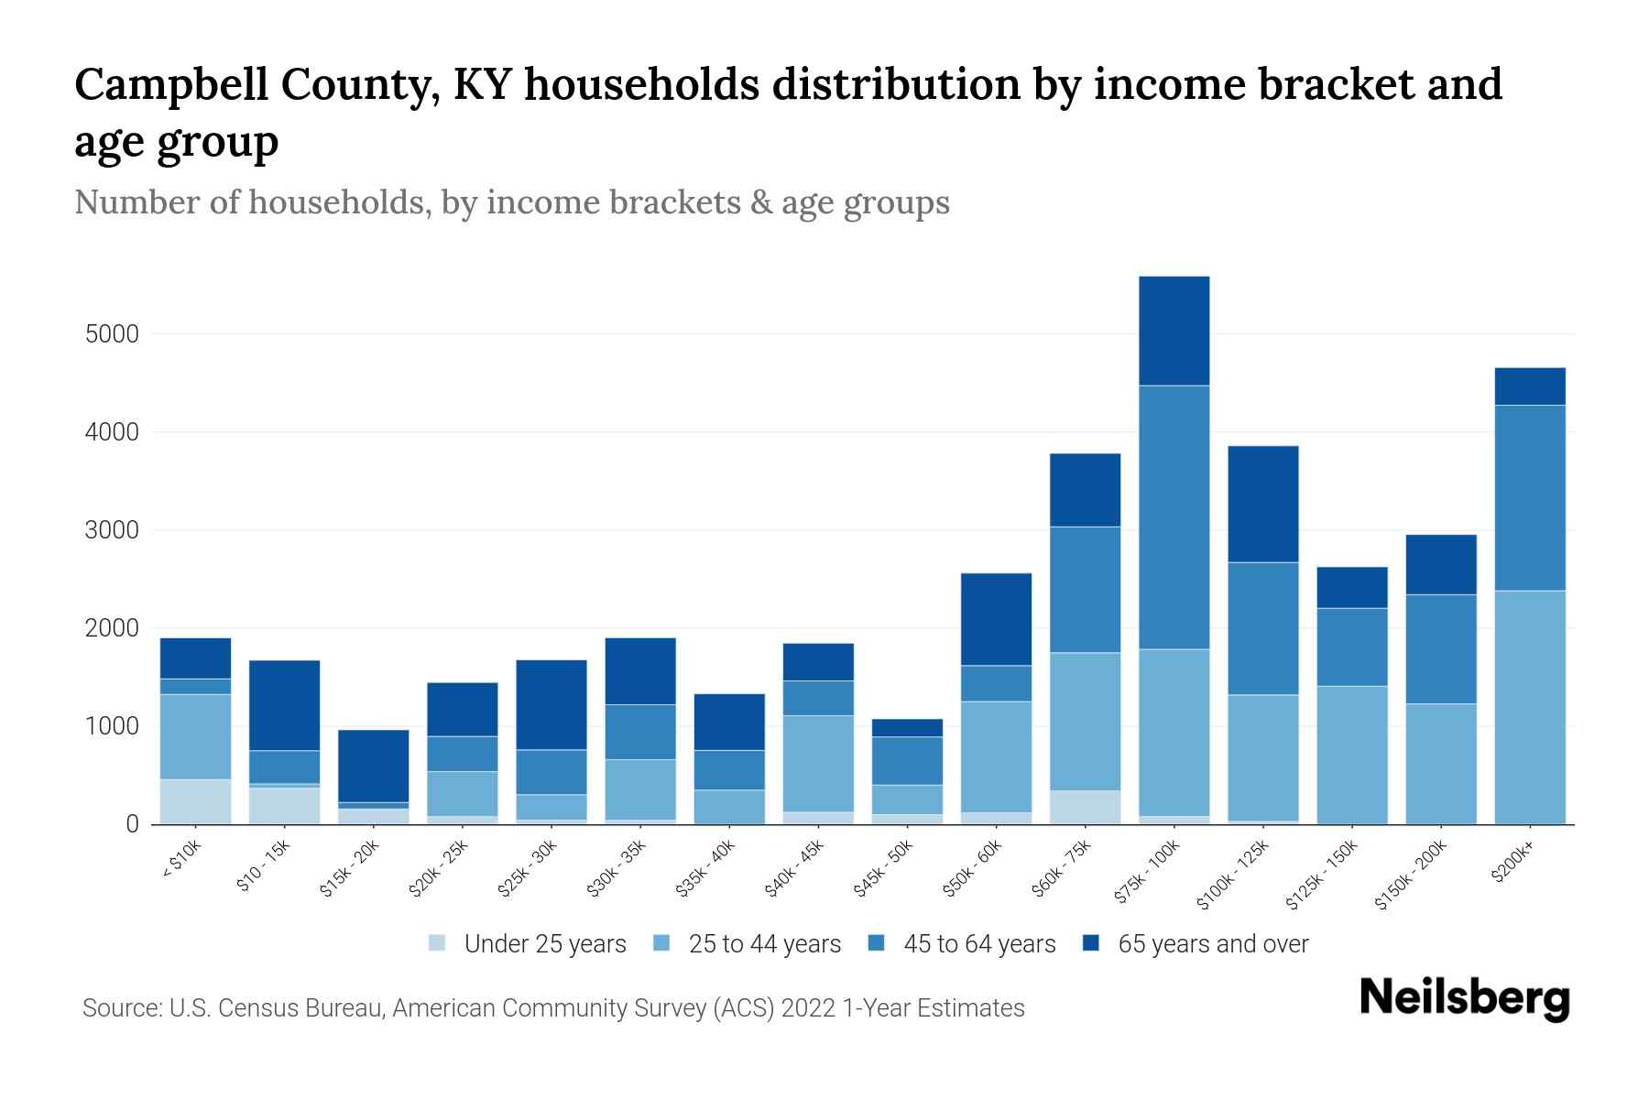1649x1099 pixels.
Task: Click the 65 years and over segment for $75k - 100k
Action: pyautogui.click(x=1174, y=331)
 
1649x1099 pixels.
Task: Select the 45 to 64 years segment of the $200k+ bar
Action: pyautogui.click(x=1529, y=497)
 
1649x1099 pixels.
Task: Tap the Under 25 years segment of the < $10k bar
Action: pyautogui.click(x=195, y=801)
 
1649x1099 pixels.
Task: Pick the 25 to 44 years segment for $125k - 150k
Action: pyautogui.click(x=1351, y=755)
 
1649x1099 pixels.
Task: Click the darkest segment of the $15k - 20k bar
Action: pyautogui.click(x=373, y=766)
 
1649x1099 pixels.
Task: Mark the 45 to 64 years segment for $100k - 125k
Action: pyautogui.click(x=1262, y=628)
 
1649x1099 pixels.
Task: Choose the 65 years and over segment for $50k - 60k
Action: pyautogui.click(x=996, y=619)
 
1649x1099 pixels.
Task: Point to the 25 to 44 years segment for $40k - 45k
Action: pyautogui.click(x=818, y=763)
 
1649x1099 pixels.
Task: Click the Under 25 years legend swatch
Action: pyautogui.click(x=438, y=943)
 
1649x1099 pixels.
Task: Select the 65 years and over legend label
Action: pyautogui.click(x=1213, y=944)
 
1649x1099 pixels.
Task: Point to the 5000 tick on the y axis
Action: pyautogui.click(x=112, y=334)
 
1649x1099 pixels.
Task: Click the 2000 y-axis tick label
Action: pyautogui.click(x=112, y=629)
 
